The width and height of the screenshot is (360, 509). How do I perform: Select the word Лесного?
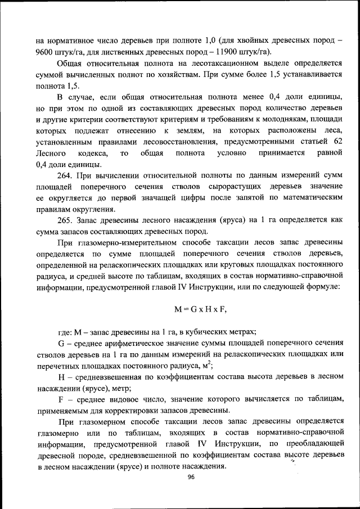(51, 154)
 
